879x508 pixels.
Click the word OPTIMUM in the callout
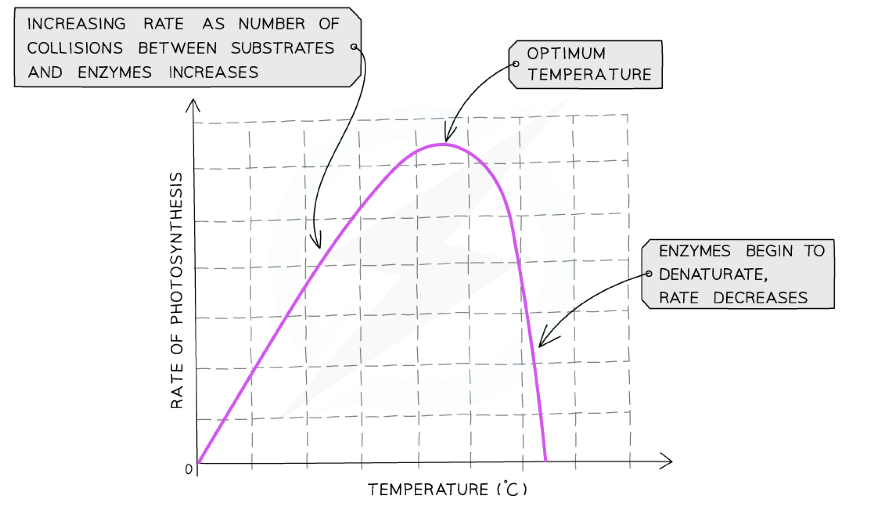pyautogui.click(x=566, y=53)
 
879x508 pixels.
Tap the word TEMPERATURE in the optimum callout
pyautogui.click(x=589, y=74)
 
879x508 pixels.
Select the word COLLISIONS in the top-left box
pyautogui.click(x=75, y=48)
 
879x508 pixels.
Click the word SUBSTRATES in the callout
pyautogui.click(x=283, y=48)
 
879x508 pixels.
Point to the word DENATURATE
pyautogui.click(x=713, y=274)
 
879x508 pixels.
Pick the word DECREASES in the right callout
pyautogui.click(x=760, y=298)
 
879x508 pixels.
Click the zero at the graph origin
pyautogui.click(x=188, y=469)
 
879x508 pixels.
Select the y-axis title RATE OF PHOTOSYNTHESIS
pyautogui.click(x=177, y=290)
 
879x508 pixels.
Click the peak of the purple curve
pyautogui.click(x=442, y=144)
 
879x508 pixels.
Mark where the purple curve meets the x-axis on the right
pyautogui.click(x=545, y=461)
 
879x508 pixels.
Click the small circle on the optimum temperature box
pyautogui.click(x=516, y=64)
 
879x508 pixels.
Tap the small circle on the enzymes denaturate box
pyautogui.click(x=649, y=274)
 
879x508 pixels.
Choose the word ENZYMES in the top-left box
pyautogui.click(x=115, y=72)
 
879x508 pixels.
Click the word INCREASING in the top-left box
pyautogui.click(x=77, y=24)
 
